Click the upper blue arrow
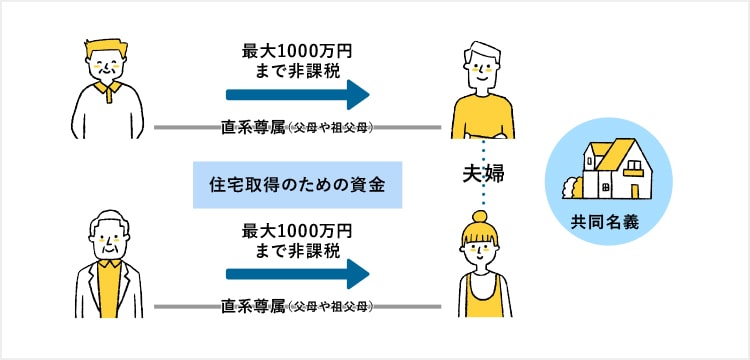click(298, 94)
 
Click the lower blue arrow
click(298, 274)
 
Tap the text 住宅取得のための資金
click(297, 185)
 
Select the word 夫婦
click(483, 174)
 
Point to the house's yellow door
click(635, 191)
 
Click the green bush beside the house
click(573, 187)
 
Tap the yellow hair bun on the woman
click(479, 218)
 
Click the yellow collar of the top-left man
click(107, 90)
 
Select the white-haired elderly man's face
click(109, 242)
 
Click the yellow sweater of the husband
click(482, 117)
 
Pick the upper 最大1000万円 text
click(297, 52)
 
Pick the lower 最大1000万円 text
click(297, 232)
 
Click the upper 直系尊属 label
click(253, 128)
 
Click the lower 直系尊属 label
click(253, 307)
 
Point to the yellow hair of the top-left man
click(106, 49)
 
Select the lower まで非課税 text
click(298, 250)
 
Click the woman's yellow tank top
click(484, 296)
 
